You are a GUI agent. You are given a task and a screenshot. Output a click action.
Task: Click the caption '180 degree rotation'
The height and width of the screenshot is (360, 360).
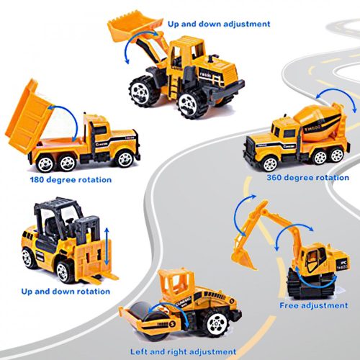point(71,180)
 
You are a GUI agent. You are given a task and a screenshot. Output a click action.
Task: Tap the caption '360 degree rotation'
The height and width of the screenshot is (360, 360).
point(308,178)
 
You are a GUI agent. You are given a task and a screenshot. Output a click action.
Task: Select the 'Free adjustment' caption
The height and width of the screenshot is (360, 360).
point(314,305)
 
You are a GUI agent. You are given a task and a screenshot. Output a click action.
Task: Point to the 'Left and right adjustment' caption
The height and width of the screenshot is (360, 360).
point(183,352)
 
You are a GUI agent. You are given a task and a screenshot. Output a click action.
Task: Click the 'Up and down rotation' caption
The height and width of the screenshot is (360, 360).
point(66,292)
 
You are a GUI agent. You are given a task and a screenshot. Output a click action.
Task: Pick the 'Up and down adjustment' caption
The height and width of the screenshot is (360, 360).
point(219,24)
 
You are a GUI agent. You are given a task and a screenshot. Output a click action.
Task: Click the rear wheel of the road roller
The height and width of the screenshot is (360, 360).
point(217,322)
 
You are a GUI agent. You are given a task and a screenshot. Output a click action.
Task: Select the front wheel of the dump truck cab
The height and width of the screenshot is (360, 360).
point(125,159)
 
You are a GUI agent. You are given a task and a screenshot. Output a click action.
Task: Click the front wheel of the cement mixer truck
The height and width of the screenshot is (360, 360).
point(270,163)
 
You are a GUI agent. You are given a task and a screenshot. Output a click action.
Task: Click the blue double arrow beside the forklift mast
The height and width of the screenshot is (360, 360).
point(107,246)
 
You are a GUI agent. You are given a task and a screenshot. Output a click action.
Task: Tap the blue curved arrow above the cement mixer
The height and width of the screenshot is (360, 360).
point(337,96)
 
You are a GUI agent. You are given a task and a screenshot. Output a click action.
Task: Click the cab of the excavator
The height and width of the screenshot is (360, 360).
point(313,259)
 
